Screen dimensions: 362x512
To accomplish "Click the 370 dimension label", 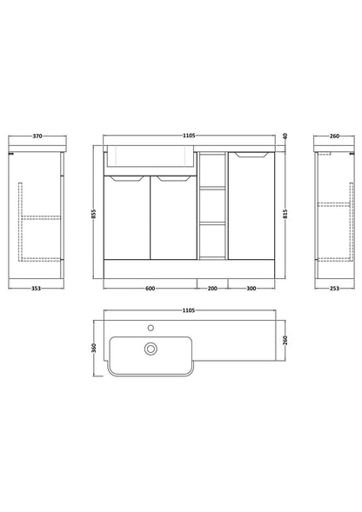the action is (x=37, y=136).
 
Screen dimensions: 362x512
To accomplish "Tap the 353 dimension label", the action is (x=36, y=289).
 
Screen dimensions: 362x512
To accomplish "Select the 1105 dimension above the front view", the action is (x=189, y=136).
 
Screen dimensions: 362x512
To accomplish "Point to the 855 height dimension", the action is (x=93, y=214).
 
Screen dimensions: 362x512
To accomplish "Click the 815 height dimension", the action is (x=285, y=214).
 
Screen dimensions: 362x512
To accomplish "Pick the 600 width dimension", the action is (x=150, y=289).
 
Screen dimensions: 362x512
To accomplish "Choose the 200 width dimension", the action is (x=212, y=289).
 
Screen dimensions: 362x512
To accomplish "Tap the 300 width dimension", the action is (x=251, y=289).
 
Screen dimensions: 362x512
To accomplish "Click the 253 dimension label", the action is (x=334, y=289).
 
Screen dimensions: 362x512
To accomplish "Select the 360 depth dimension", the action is (x=93, y=348).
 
